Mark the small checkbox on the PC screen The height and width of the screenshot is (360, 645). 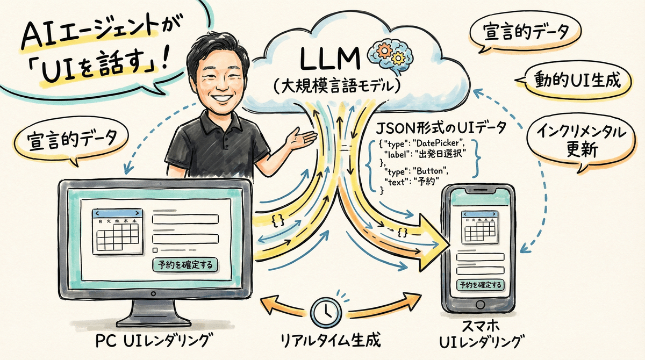coord(155,250)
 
